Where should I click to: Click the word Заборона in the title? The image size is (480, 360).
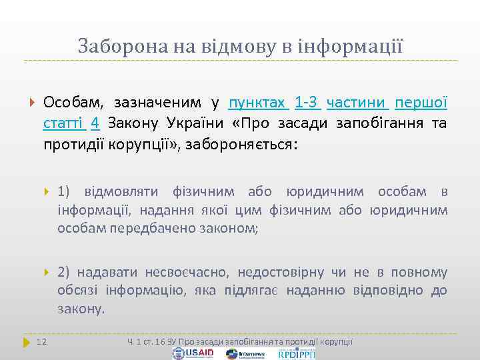pos(114,46)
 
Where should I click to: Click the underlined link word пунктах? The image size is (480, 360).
pos(258,103)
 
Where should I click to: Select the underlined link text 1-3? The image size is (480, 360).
pos(307,103)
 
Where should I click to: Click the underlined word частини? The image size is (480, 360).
pos(357,103)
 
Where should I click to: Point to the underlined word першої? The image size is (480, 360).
pos(421,103)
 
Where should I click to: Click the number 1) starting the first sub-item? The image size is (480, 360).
pos(65,192)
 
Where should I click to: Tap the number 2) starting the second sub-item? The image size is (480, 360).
pos(65,272)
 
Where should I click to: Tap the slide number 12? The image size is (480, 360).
pos(41,342)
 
